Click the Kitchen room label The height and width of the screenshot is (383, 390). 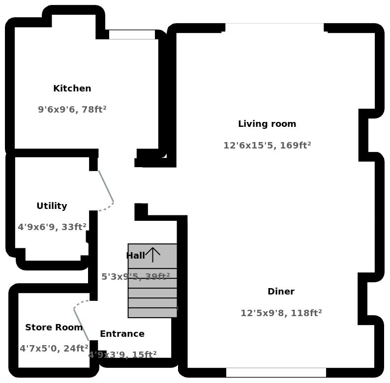(72, 88)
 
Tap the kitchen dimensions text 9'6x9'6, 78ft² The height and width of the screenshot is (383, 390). (72, 110)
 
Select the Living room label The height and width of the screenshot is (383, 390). (267, 124)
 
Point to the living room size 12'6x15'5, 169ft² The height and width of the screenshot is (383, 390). (267, 146)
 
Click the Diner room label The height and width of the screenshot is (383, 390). (281, 292)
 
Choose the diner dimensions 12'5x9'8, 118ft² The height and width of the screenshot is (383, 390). (281, 313)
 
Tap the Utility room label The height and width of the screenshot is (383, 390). (52, 206)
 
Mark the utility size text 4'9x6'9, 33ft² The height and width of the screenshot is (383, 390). (52, 227)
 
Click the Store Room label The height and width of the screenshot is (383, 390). (54, 327)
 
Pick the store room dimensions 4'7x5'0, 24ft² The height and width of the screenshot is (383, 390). (54, 349)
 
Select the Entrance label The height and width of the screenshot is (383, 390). (122, 334)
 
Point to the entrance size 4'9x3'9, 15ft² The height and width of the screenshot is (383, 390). (122, 355)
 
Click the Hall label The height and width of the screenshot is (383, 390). (135, 256)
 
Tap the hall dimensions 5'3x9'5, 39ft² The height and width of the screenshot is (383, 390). (135, 277)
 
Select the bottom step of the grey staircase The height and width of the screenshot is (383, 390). (152, 313)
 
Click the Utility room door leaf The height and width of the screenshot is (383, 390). (106, 186)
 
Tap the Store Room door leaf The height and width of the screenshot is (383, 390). (81, 324)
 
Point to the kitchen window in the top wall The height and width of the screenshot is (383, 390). (132, 34)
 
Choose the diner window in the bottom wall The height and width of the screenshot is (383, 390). (276, 372)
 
